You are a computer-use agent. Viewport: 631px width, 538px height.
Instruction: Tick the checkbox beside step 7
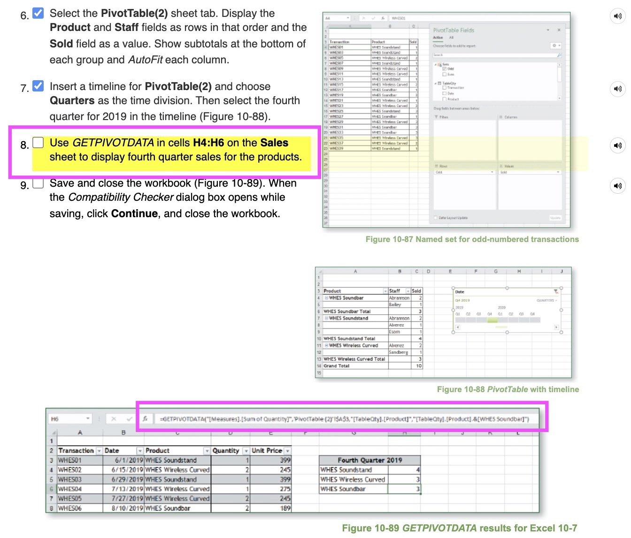click(38, 86)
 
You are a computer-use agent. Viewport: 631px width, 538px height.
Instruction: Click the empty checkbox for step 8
click(38, 143)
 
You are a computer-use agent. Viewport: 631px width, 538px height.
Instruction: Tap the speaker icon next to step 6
click(617, 16)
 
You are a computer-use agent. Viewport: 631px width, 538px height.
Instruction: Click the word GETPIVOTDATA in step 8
click(113, 143)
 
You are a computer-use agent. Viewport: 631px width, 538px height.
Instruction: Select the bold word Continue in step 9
click(134, 213)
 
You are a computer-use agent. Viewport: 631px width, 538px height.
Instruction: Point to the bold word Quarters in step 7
click(72, 100)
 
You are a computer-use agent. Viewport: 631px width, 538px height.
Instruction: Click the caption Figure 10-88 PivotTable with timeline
click(508, 389)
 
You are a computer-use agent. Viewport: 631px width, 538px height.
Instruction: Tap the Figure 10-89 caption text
click(459, 528)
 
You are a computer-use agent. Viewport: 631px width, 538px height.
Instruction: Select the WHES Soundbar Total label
click(347, 311)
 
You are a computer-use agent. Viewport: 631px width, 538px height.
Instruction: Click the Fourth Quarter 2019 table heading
click(369, 460)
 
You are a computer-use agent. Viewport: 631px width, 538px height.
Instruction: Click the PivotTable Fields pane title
click(454, 30)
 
